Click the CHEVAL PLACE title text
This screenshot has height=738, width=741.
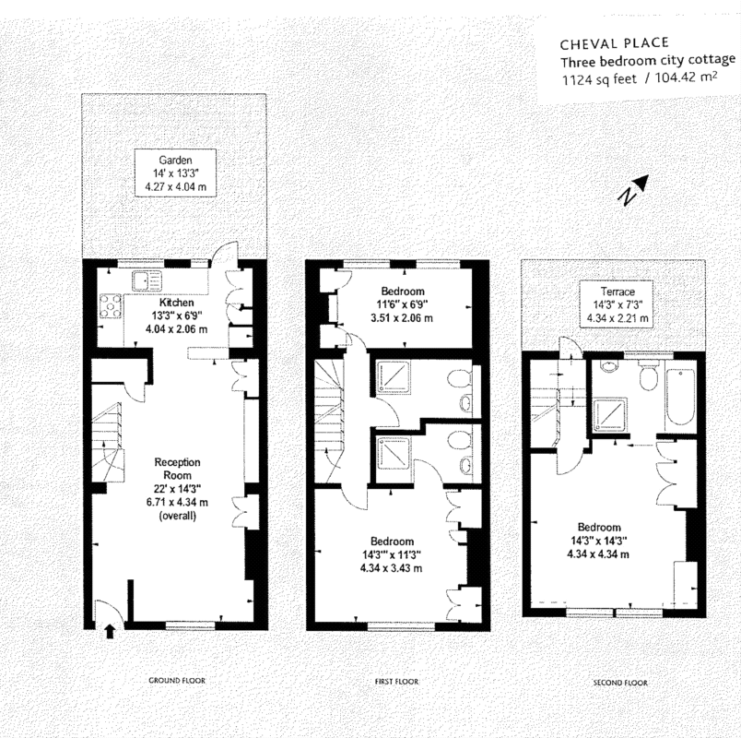point(615,43)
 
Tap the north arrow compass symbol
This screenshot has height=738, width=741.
point(634,190)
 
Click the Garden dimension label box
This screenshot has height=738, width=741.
point(175,173)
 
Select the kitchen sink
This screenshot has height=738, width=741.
point(147,280)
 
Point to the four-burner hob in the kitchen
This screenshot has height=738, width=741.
point(111,306)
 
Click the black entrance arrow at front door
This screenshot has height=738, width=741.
point(110,631)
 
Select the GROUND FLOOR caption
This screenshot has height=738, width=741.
point(177,680)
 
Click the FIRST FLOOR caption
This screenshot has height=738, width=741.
point(397,681)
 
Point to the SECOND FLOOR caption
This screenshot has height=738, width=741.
point(620,683)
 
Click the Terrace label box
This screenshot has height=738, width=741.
point(617,304)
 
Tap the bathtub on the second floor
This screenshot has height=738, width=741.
point(679,397)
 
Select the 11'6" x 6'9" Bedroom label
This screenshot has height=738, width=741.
point(403,304)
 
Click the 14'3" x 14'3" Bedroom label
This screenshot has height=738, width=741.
point(598,541)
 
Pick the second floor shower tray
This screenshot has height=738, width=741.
point(607,414)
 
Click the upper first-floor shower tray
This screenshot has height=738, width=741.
point(393,375)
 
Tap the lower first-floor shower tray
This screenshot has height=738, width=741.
point(394,452)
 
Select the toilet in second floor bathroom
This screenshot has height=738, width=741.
point(647,375)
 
